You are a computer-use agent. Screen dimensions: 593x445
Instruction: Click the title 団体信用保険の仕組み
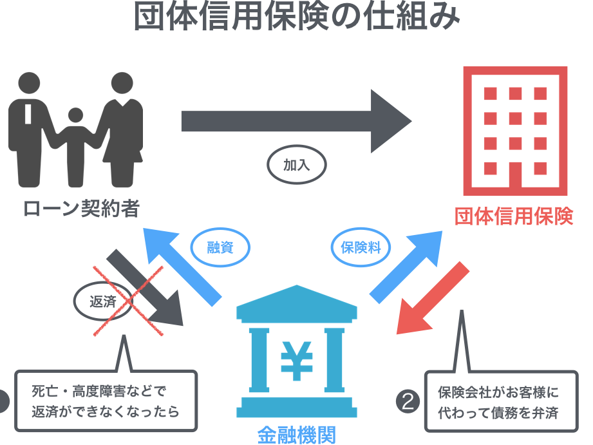click(x=297, y=16)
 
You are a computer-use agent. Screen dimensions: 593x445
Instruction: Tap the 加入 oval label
click(x=297, y=165)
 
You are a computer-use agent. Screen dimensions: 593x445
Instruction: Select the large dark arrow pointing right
click(x=296, y=121)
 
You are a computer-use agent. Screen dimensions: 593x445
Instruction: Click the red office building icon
click(x=515, y=131)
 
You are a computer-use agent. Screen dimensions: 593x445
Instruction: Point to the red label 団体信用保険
click(x=514, y=216)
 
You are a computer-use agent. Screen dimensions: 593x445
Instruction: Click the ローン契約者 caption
click(x=81, y=208)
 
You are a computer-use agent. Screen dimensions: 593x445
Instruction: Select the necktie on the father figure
click(x=28, y=113)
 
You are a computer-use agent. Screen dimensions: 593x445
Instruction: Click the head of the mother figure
click(x=122, y=83)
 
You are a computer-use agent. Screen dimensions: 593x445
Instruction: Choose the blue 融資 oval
click(x=220, y=247)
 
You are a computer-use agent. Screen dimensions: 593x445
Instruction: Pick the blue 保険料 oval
click(x=361, y=247)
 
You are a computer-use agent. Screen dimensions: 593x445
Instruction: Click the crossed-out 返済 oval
click(x=103, y=301)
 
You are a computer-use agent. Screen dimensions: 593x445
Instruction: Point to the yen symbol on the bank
click(x=297, y=360)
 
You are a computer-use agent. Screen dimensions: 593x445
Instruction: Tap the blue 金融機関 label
click(x=297, y=435)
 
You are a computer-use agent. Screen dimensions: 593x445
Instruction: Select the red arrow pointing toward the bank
click(x=433, y=298)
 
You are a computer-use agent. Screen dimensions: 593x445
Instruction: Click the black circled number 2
click(x=408, y=401)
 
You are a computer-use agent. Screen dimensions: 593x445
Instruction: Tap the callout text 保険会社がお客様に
click(x=498, y=392)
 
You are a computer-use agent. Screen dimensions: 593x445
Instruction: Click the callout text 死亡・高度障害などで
click(x=99, y=391)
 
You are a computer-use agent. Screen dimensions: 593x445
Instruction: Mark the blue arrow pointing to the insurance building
click(x=406, y=267)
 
